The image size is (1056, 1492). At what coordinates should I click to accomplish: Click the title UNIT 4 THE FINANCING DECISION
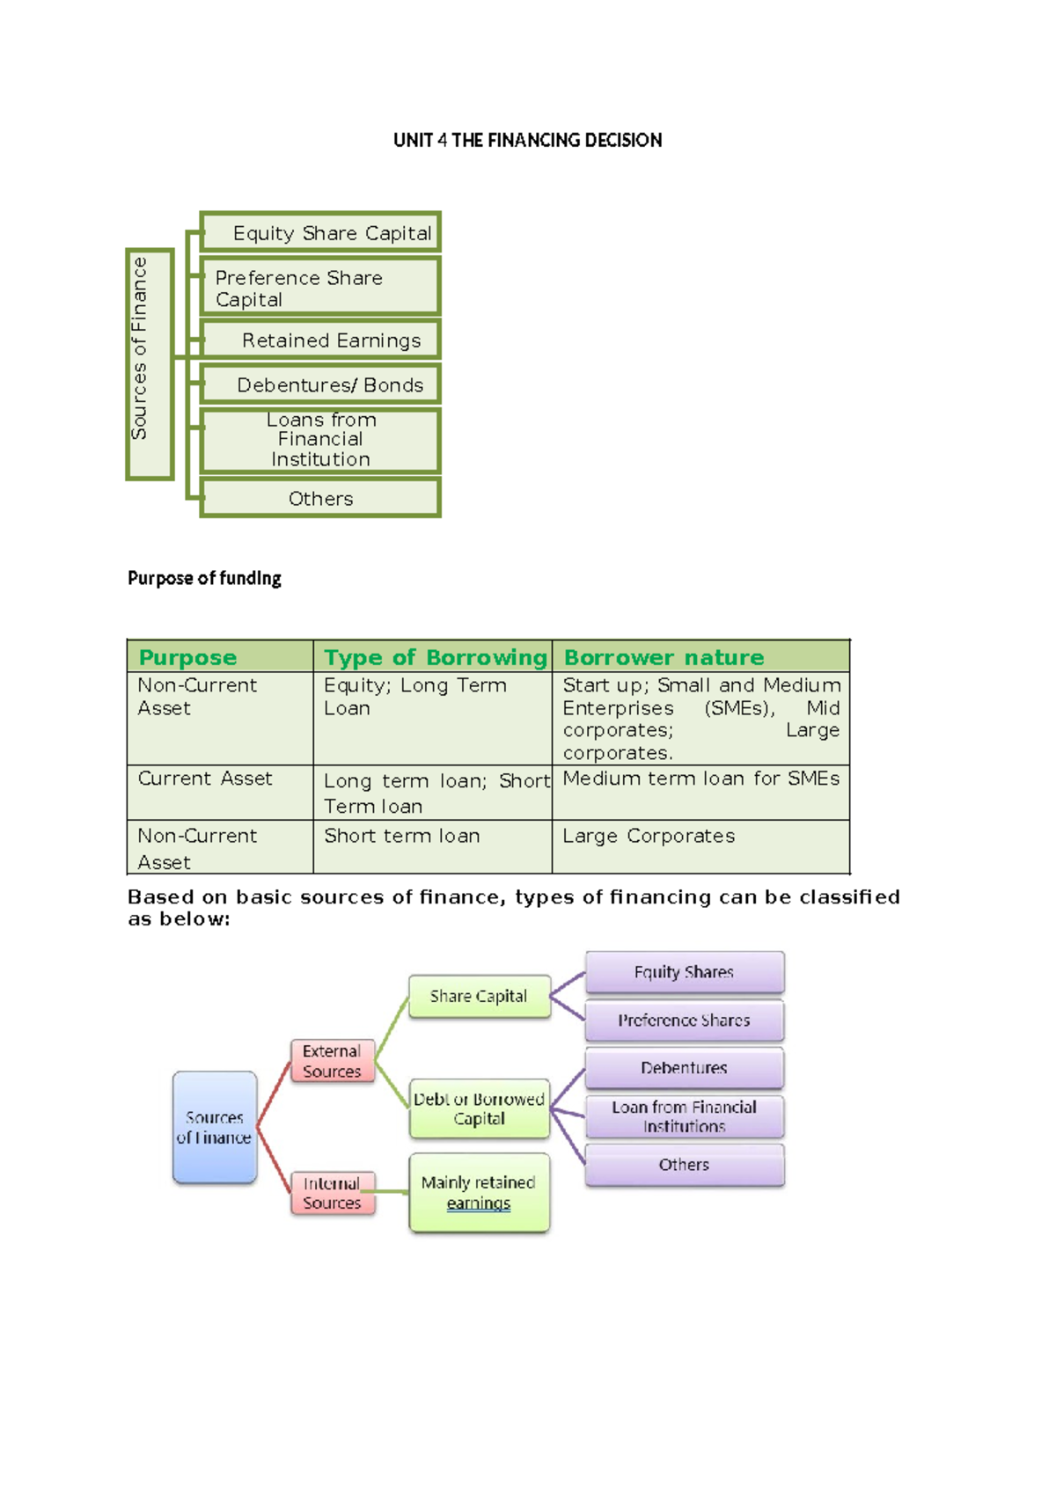click(527, 140)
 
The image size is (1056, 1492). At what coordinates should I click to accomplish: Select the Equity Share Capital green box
click(321, 233)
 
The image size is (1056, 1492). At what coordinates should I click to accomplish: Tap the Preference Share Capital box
click(321, 288)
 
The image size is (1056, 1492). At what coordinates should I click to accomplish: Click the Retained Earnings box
click(321, 340)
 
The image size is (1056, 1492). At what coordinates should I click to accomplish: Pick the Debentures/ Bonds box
click(321, 384)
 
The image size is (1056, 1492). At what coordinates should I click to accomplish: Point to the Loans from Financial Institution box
click(321, 440)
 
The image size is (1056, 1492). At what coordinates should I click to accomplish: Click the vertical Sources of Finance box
click(149, 364)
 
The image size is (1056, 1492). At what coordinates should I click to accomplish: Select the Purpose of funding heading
click(204, 578)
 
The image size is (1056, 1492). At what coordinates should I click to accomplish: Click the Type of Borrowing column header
click(434, 657)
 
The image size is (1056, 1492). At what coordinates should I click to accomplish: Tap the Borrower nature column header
click(664, 657)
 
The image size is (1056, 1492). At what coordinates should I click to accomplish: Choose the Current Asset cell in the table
click(205, 779)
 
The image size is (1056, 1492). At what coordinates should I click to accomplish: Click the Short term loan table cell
click(402, 837)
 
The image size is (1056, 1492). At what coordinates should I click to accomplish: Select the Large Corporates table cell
click(649, 837)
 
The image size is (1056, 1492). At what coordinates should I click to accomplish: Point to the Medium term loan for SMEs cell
click(700, 779)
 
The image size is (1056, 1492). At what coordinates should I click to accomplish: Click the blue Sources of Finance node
click(215, 1127)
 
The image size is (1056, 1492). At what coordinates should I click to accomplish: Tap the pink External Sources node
click(332, 1061)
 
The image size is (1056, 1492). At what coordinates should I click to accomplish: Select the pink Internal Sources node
click(332, 1193)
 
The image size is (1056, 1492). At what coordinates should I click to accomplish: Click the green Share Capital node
click(479, 997)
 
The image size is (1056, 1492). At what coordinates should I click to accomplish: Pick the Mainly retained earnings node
click(479, 1193)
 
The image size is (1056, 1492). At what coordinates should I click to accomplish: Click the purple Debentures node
click(684, 1068)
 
